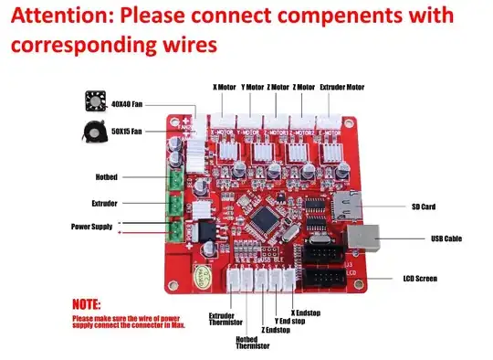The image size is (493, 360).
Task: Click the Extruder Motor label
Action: [x=342, y=87]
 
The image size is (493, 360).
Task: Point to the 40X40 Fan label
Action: [x=127, y=105]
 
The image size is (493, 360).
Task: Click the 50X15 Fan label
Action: [x=127, y=132]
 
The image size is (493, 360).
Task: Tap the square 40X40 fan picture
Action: [x=96, y=102]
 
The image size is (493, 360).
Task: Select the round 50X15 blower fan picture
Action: [x=96, y=130]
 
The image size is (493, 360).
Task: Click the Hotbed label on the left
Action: [x=106, y=176]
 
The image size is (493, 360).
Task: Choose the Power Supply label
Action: [x=92, y=226]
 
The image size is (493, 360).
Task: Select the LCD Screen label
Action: [x=423, y=278]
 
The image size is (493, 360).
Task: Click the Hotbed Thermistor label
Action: [x=253, y=342]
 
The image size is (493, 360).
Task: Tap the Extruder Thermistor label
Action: [x=226, y=319]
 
